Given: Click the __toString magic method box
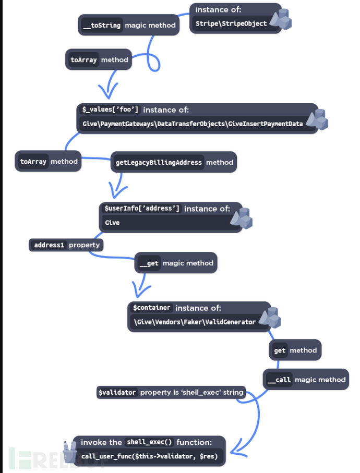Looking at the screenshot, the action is (x=129, y=25).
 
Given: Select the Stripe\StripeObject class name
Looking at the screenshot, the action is (x=231, y=23).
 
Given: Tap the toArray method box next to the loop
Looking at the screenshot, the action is (x=99, y=59).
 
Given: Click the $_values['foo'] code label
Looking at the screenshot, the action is (x=110, y=109).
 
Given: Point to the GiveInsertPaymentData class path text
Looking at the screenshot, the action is (x=193, y=124).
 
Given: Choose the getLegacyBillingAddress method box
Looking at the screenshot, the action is (x=174, y=162).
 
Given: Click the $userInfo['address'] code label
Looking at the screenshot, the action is (x=142, y=208).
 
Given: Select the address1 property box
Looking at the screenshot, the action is (x=66, y=245).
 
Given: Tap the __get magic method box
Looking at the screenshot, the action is (x=176, y=263).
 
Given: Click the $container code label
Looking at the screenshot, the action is (x=152, y=307).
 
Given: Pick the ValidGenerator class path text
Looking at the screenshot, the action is (x=195, y=322).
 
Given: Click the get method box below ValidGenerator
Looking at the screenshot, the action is (x=295, y=350).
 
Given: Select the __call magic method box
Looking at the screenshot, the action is (x=306, y=380).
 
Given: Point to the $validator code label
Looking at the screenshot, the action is (x=117, y=392).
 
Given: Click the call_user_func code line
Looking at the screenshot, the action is (x=149, y=456).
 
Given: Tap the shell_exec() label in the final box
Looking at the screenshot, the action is (x=149, y=442).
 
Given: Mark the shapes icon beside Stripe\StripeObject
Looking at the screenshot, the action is (x=281, y=19).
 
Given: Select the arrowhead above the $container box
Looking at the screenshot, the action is (x=141, y=289).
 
